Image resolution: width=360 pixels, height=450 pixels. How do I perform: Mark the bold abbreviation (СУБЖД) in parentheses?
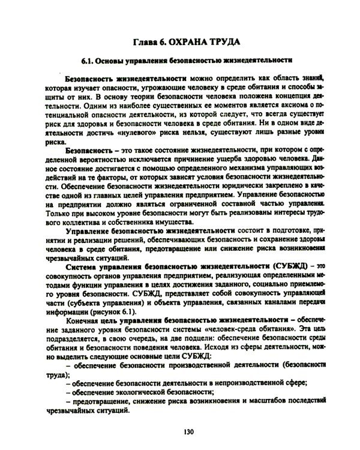(287, 266)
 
